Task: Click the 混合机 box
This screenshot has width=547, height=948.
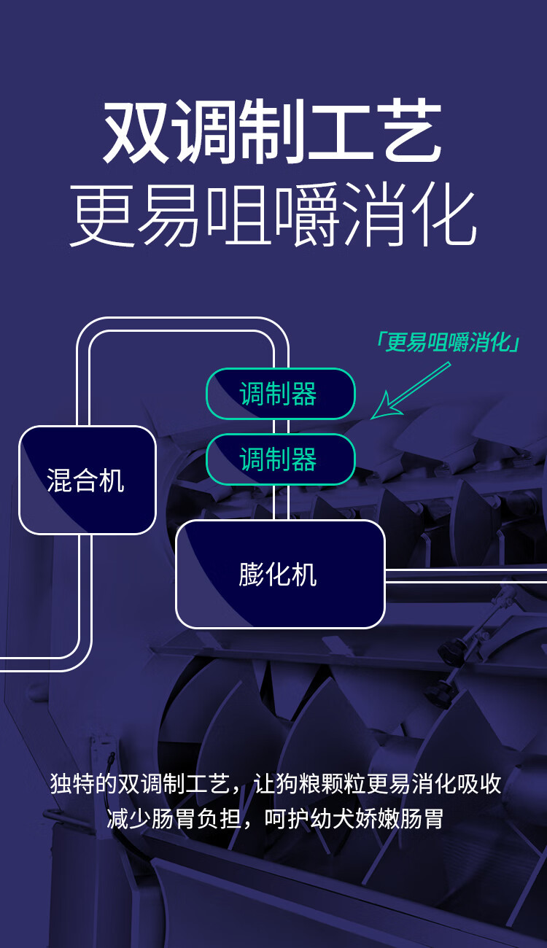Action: click(87, 480)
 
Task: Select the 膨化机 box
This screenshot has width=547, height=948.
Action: click(280, 574)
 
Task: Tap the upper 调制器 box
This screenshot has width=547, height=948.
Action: click(280, 394)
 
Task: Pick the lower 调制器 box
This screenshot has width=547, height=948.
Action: click(280, 459)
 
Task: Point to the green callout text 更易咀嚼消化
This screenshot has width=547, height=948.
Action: click(447, 342)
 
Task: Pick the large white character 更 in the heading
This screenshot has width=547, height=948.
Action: click(101, 216)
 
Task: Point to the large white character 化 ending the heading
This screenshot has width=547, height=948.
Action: click(444, 216)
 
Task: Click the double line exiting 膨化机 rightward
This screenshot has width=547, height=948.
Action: click(467, 575)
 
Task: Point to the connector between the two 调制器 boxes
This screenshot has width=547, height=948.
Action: click(281, 427)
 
